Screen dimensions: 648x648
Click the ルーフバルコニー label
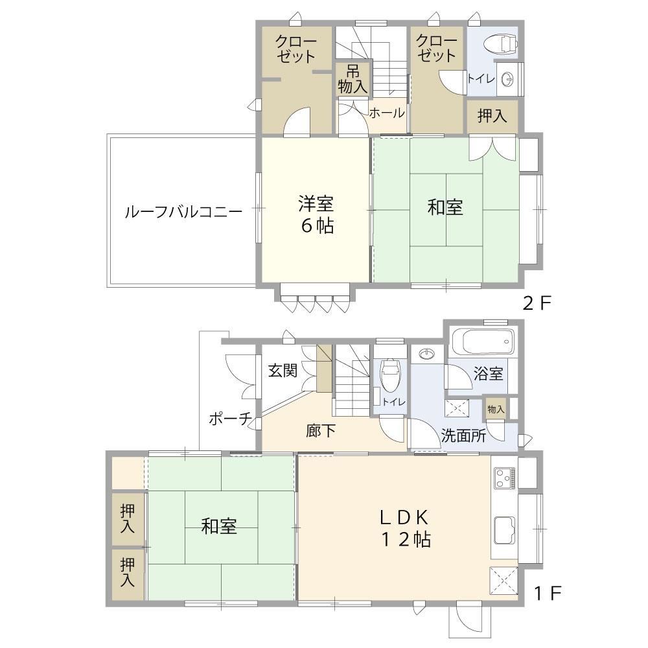pyautogui.click(x=183, y=212)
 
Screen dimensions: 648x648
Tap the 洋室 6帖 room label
pyautogui.click(x=317, y=214)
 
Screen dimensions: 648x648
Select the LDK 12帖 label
pyautogui.click(x=406, y=529)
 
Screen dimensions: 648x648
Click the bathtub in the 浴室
pyautogui.click(x=482, y=341)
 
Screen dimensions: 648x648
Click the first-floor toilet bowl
pyautogui.click(x=389, y=375)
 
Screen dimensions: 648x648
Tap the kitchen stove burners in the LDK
pyautogui.click(x=503, y=478)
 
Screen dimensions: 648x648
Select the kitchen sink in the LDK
pyautogui.click(x=504, y=530)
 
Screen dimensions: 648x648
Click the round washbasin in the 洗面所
pyautogui.click(x=426, y=354)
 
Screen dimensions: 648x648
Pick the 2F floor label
pyautogui.click(x=537, y=304)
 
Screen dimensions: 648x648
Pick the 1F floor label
pyautogui.click(x=547, y=594)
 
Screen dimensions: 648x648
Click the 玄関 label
pyautogui.click(x=283, y=370)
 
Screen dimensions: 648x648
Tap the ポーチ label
pyautogui.click(x=230, y=419)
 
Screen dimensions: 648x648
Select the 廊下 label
pyautogui.click(x=321, y=431)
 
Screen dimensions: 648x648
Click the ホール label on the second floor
pyautogui.click(x=387, y=112)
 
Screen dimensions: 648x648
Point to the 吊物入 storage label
pyautogui.click(x=353, y=79)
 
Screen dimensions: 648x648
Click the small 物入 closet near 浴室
pyautogui.click(x=496, y=409)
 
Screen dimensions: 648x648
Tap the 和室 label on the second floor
pyautogui.click(x=445, y=207)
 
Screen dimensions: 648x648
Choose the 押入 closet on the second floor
pyautogui.click(x=492, y=116)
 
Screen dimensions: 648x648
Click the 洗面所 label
pyautogui.click(x=463, y=435)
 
